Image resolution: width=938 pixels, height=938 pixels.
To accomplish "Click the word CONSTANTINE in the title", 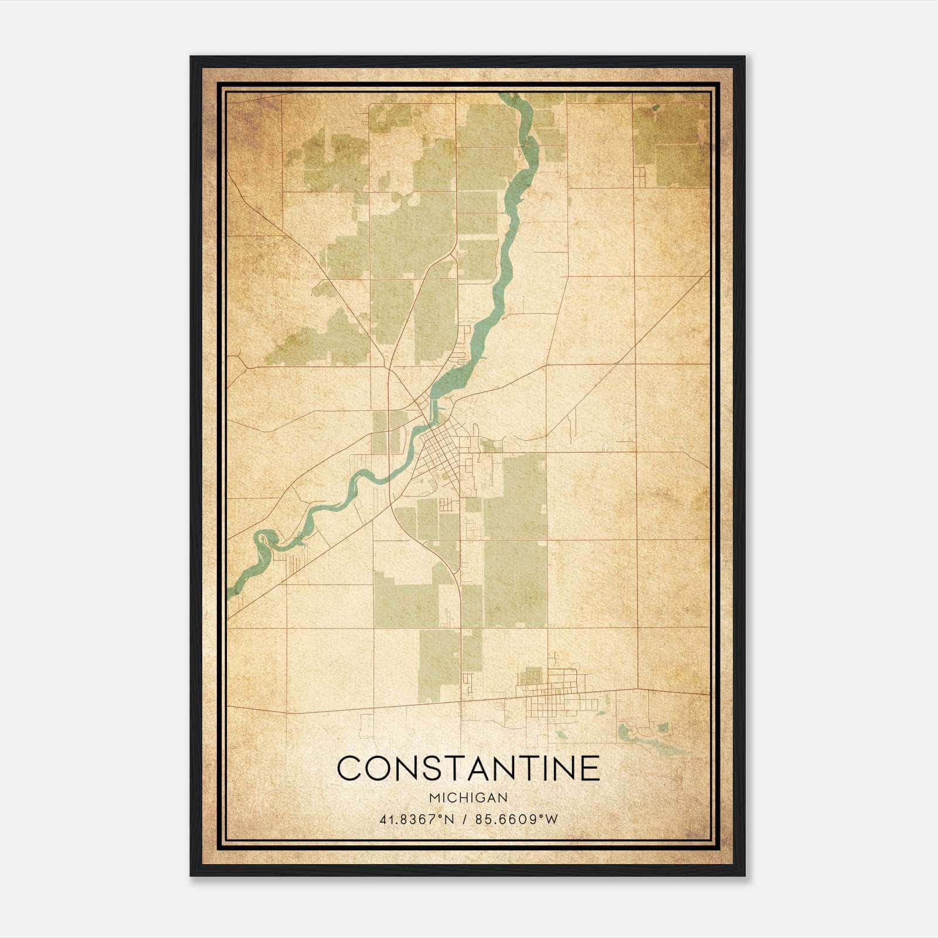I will click(x=468, y=769).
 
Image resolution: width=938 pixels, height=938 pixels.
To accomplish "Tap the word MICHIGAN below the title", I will click(x=468, y=798).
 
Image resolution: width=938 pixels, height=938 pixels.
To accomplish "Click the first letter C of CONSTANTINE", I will click(x=349, y=769).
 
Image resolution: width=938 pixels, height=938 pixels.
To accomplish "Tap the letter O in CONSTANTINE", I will click(x=378, y=769).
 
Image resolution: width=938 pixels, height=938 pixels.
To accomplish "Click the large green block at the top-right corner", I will click(x=674, y=144).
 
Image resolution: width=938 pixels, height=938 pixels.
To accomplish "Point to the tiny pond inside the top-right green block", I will click(x=655, y=107).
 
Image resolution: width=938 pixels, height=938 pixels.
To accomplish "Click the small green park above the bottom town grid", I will click(x=532, y=675).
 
